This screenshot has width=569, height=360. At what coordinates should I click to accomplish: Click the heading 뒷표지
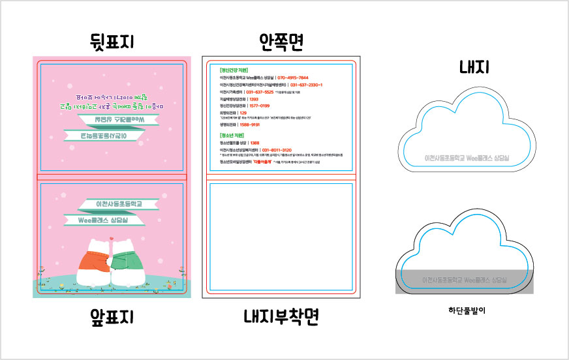(112, 43)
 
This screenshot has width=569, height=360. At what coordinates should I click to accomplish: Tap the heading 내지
(474, 67)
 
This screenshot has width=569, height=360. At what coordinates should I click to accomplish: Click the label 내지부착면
(281, 317)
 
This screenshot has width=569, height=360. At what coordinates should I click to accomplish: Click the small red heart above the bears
(112, 239)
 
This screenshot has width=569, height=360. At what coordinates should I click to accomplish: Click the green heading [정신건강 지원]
(234, 69)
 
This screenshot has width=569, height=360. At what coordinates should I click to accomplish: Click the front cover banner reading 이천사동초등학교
(119, 205)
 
